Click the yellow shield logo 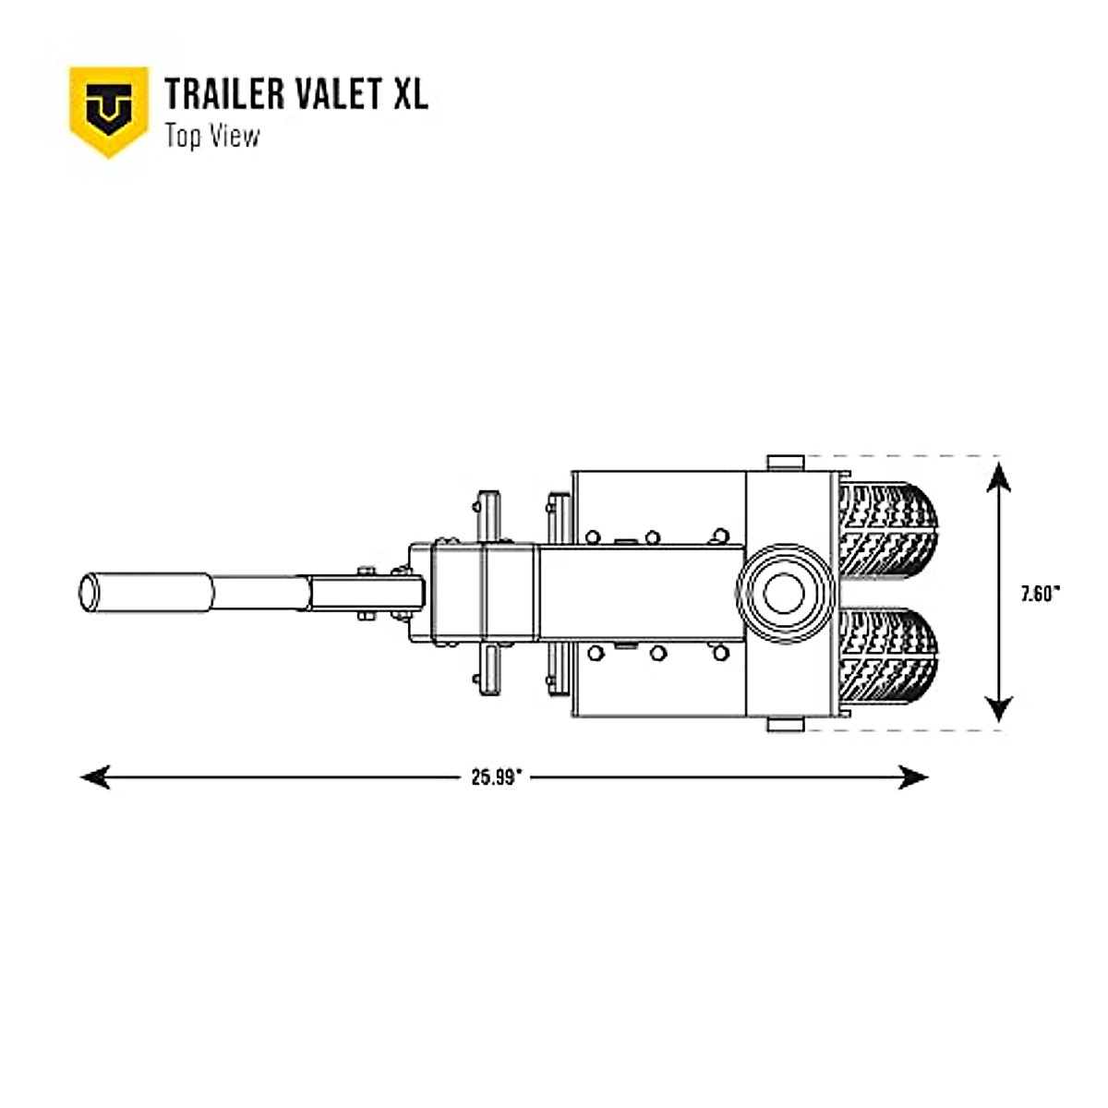coord(109,110)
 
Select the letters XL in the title coord(411,94)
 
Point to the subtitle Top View coord(212,136)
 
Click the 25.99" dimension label coord(497,777)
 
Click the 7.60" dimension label coord(1040,595)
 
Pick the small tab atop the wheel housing coord(786,463)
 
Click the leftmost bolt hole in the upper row coord(592,536)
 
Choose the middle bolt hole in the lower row coord(657,653)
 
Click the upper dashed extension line coord(905,456)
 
